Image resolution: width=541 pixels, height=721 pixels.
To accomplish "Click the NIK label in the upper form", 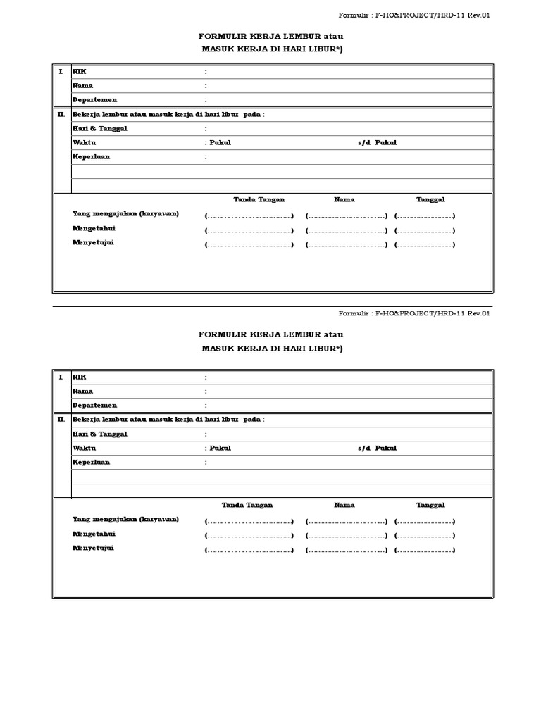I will pyautogui.click(x=80, y=72).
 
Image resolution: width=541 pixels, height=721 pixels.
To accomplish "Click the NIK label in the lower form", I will pyautogui.click(x=80, y=377).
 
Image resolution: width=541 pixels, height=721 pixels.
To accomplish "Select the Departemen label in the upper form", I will pyautogui.click(x=94, y=100).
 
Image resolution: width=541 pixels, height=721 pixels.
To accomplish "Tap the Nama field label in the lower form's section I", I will pyautogui.click(x=82, y=391).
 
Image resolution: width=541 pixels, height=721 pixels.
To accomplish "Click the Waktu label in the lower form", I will pyautogui.click(x=84, y=448).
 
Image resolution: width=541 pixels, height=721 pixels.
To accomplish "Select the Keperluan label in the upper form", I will pyautogui.click(x=91, y=157).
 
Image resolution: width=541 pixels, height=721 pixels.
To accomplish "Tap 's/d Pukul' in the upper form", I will pyautogui.click(x=377, y=143).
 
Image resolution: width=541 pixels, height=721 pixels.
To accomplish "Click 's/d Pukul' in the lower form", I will pyautogui.click(x=377, y=448).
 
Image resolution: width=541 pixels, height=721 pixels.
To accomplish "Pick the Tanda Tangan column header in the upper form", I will pyautogui.click(x=259, y=200).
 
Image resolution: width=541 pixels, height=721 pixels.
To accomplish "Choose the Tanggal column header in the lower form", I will pyautogui.click(x=430, y=505).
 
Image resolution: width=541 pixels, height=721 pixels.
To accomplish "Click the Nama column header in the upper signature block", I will pyautogui.click(x=344, y=200).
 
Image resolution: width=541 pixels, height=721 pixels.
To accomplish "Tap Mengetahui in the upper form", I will pyautogui.click(x=94, y=228).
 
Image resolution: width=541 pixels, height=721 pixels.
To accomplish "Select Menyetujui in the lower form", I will pyautogui.click(x=93, y=548).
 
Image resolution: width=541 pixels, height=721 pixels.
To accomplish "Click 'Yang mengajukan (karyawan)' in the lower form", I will pyautogui.click(x=125, y=519).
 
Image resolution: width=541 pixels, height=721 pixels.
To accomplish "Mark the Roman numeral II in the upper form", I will pyautogui.click(x=61, y=114).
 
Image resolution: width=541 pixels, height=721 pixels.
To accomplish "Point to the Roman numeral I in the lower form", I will pyautogui.click(x=61, y=377).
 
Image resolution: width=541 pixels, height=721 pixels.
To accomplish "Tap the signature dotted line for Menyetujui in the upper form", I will pyautogui.click(x=249, y=245).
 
